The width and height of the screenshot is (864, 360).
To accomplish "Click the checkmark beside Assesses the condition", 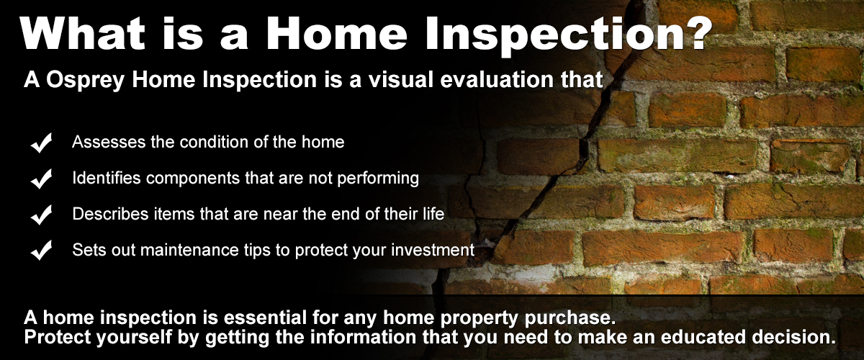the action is click(41, 143).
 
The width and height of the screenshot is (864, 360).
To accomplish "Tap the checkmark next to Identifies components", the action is click(41, 179).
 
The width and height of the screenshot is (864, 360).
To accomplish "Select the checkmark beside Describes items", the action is click(41, 215).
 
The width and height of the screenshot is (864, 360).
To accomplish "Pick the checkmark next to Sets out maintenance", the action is click(41, 250).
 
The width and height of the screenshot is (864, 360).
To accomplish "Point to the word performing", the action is click(378, 179).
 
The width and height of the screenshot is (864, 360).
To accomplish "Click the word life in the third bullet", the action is click(433, 214).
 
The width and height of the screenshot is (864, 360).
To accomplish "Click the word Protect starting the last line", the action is click(58, 337).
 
